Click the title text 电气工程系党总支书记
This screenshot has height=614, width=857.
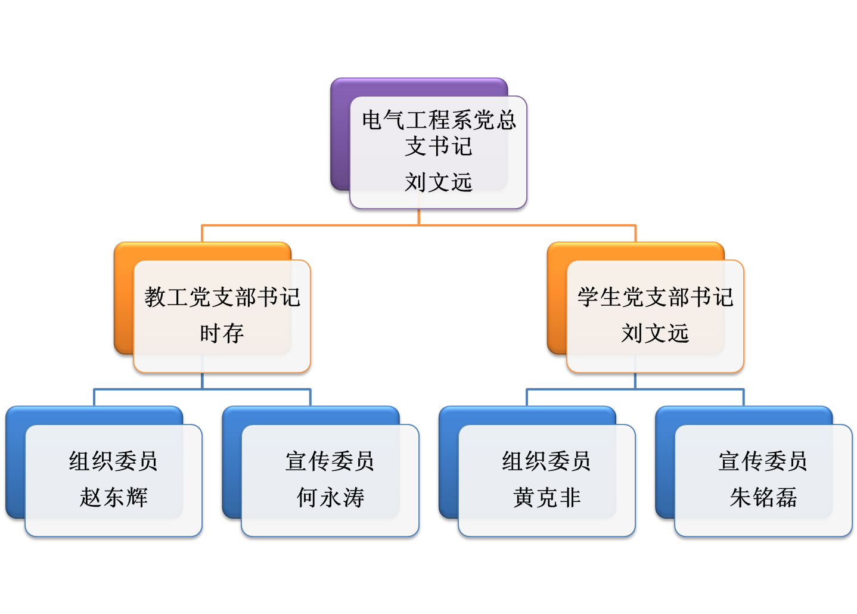pyautogui.click(x=439, y=132)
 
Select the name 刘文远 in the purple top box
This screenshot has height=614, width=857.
pyautogui.click(x=439, y=182)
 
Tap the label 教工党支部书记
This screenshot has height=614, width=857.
pyautogui.click(x=222, y=297)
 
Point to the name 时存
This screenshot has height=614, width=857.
pyautogui.click(x=222, y=333)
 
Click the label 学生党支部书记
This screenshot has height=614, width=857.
pyautogui.click(x=656, y=297)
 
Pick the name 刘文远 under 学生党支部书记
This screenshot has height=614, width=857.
pyautogui.click(x=655, y=333)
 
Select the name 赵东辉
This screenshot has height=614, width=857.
pyautogui.click(x=114, y=497)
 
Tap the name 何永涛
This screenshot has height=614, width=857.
pyautogui.click(x=330, y=497)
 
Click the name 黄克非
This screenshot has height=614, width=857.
pyautogui.click(x=547, y=497)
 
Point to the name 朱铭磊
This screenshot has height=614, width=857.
pyautogui.click(x=763, y=497)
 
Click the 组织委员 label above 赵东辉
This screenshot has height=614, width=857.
pyautogui.click(x=113, y=460)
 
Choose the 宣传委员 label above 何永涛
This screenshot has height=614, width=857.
pyautogui.click(x=330, y=460)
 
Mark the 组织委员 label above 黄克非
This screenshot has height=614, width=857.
pyautogui.click(x=547, y=460)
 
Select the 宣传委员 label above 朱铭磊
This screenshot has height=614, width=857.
pyautogui.click(x=763, y=460)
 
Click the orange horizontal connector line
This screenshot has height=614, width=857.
pyautogui.click(x=418, y=225)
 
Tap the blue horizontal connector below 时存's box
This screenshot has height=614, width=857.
pyautogui.click(x=202, y=389)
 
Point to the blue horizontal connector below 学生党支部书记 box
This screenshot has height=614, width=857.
pyautogui.click(x=635, y=389)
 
